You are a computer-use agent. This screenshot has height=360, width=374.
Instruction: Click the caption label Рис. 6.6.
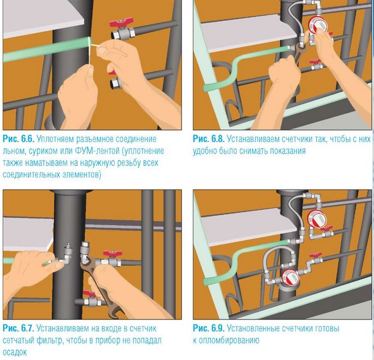[18, 139]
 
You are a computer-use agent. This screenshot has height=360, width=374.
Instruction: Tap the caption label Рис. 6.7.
[18, 328]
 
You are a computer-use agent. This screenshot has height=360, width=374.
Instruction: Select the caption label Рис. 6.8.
[209, 139]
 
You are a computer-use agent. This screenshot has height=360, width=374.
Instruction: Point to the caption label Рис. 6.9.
[209, 328]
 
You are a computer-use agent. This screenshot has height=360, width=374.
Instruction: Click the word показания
[288, 151]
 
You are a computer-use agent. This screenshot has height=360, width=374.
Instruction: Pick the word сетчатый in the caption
[18, 340]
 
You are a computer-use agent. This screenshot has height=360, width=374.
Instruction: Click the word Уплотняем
[57, 139]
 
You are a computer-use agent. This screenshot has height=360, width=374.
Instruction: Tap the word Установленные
[253, 329]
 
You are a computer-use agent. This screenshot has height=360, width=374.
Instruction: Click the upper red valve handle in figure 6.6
[120, 23]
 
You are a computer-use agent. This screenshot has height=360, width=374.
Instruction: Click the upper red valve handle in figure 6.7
[113, 254]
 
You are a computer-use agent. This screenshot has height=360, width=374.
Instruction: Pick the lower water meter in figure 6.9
[290, 278]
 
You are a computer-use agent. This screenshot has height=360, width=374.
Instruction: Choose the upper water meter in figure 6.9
[317, 218]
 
